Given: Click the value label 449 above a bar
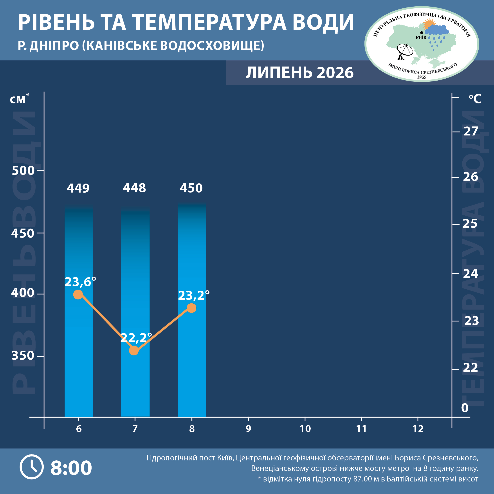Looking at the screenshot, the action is pos(78,188).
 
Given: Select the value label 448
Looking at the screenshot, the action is pos(135,188).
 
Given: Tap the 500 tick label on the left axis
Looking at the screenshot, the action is pos(23,171).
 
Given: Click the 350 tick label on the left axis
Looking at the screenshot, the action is pos(23,355).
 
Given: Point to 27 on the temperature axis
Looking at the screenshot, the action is pos(471,132).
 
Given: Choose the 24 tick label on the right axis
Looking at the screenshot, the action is pos(471,274).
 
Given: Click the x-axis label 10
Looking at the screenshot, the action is pos(305,429).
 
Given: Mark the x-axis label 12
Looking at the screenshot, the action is pos(418,429).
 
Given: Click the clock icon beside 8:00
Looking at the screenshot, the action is pos(32,467).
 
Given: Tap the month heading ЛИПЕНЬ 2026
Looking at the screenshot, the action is pos(300,73).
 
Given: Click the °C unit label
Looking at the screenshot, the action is pos(475,99).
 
